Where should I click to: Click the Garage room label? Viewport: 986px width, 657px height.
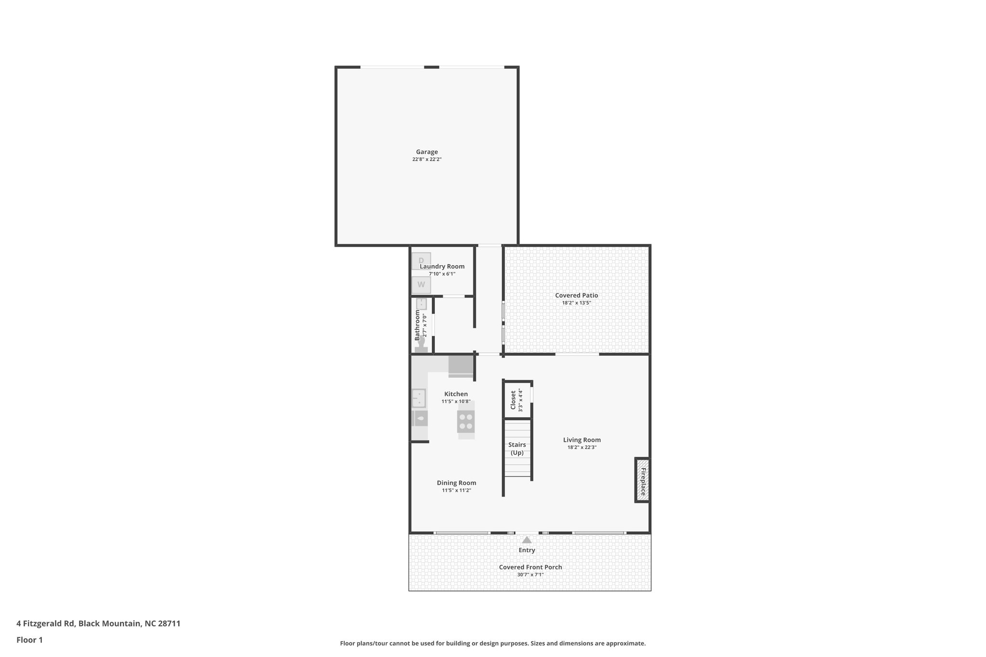coord(427,152)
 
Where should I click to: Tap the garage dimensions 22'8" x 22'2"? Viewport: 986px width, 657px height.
coord(427,159)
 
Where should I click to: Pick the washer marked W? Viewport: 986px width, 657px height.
coord(421,285)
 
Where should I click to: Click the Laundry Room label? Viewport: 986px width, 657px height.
coord(442,267)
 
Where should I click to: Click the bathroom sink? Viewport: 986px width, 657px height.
coord(421,304)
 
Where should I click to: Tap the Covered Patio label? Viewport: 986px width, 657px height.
coord(576,296)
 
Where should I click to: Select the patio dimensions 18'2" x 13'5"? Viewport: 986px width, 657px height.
coord(576,303)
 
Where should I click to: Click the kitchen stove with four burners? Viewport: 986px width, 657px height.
coord(466,422)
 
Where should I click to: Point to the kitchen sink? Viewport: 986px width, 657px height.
coord(419,398)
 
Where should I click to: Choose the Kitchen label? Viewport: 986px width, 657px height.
coord(456,394)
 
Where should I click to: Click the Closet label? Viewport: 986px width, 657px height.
coord(513,400)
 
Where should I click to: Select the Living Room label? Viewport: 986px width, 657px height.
coord(582,440)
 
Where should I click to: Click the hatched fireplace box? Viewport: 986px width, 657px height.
coord(642,480)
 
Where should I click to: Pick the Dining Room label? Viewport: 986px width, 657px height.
coord(456,483)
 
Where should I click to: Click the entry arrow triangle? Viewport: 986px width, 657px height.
coord(527,540)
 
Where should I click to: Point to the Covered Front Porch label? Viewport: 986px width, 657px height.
coord(530,567)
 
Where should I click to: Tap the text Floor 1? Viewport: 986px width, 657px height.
coord(29,640)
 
